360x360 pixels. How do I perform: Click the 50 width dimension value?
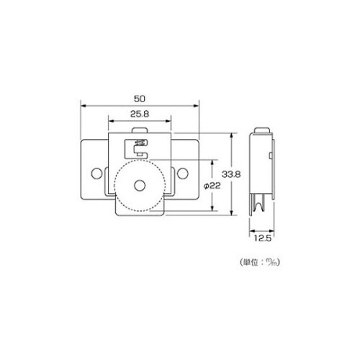pos(140,99)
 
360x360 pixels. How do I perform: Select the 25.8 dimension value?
pos(140,114)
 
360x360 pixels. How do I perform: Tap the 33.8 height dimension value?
pos(231,174)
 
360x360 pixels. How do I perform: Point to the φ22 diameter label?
pos(212,186)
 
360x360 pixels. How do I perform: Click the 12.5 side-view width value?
pos(263,238)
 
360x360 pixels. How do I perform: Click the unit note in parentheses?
pos(260,262)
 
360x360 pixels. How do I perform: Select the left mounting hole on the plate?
pos(96,174)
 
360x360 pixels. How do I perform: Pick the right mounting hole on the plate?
pos(183,174)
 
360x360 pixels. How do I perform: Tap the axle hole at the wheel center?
pos(140,186)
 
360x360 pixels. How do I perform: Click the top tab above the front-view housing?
pos(140,130)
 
